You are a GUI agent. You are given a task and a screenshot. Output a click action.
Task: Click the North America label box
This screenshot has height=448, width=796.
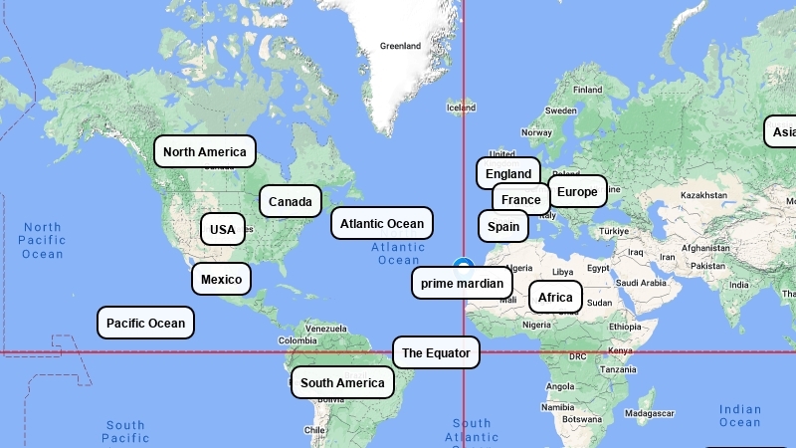(x=205, y=151)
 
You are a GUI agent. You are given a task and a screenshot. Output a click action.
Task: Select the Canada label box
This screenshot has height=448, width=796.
(x=291, y=201)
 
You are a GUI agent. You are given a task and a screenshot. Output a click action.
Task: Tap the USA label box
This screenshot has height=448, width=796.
(x=223, y=229)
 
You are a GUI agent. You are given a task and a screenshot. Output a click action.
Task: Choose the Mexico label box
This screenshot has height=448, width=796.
(x=221, y=279)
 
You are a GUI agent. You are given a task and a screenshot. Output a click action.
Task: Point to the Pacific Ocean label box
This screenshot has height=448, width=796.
(x=145, y=323)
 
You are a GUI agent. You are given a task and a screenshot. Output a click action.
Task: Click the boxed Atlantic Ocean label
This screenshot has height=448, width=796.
(x=382, y=223)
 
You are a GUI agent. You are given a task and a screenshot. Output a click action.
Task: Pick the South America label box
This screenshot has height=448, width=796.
(x=342, y=382)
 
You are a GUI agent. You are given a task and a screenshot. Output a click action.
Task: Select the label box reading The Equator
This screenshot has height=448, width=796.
(x=436, y=352)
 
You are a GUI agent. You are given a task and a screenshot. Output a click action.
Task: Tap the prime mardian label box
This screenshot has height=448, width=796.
(x=462, y=283)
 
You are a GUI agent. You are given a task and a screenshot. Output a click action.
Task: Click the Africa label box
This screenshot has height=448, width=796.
(x=555, y=297)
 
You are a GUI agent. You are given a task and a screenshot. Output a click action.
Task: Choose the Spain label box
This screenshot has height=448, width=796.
(x=502, y=226)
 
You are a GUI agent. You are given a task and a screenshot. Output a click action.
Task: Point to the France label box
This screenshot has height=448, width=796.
(x=520, y=199)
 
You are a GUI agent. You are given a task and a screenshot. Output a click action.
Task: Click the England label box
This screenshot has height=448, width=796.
(x=508, y=173)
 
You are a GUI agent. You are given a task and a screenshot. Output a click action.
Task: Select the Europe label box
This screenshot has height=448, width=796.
(x=577, y=191)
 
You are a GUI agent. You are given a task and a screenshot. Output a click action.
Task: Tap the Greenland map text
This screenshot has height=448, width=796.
(x=400, y=46)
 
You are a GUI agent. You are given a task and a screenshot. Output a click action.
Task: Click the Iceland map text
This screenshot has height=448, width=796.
(x=461, y=108)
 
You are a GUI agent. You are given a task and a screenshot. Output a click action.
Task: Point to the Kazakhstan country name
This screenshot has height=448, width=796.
(x=704, y=195)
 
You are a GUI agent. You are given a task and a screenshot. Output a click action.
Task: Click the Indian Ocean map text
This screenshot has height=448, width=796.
(x=740, y=416)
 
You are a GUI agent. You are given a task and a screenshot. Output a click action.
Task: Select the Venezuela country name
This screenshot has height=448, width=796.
(x=325, y=329)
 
